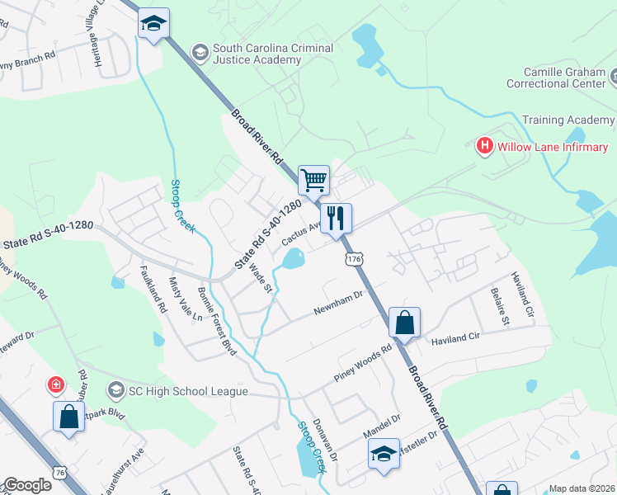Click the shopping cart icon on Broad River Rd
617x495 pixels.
coord(313,179)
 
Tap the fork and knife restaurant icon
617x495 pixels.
coord(336,219)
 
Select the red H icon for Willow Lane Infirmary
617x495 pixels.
coord(485,147)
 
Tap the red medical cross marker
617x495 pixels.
coord(55,384)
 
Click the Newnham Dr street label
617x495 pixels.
coord(338,303)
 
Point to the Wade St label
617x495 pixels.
coord(260,277)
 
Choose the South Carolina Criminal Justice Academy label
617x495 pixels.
coord(272,54)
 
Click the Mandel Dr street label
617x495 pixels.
coord(381,426)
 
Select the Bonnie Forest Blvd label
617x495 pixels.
coord(218,322)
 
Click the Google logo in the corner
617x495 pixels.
coord(26,485)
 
